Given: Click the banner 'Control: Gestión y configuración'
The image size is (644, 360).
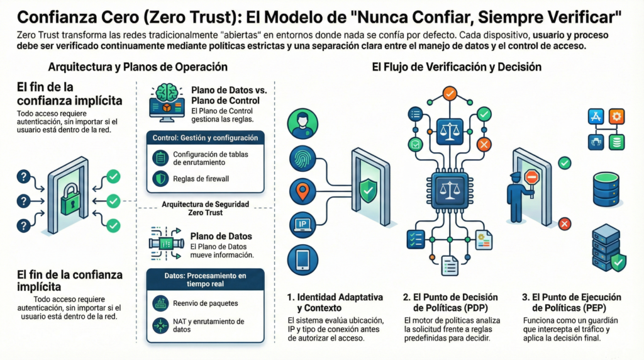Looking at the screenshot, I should [205, 137].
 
